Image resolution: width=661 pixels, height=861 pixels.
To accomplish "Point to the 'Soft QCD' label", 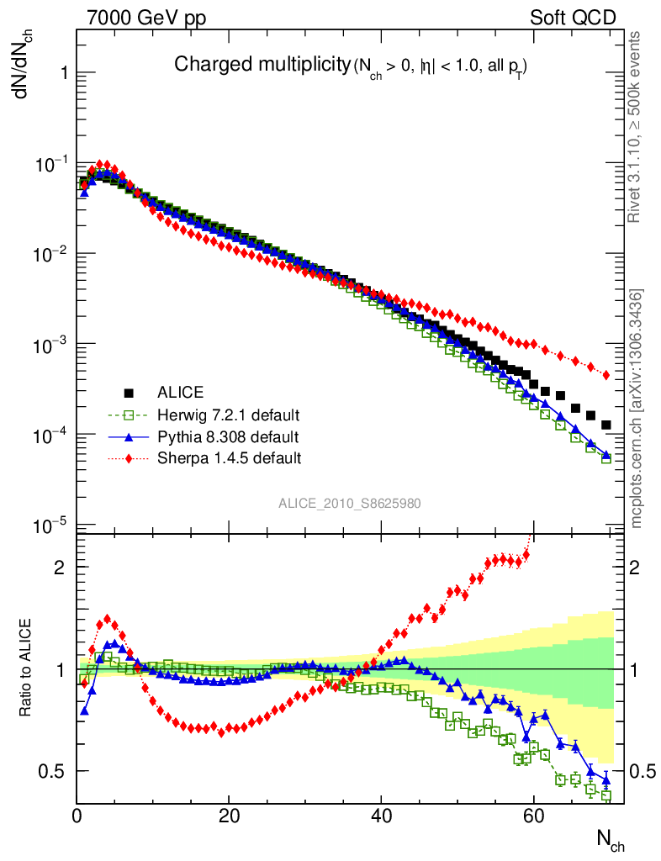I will (573, 18).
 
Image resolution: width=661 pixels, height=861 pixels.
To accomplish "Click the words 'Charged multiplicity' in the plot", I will (261, 65).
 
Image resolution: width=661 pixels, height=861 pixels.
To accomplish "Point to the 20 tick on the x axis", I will (229, 814).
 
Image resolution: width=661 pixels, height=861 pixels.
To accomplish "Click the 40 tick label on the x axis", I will (381, 814).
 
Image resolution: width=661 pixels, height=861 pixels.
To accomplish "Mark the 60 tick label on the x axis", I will (532, 814).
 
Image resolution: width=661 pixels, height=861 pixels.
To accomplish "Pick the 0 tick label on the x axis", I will (77, 814).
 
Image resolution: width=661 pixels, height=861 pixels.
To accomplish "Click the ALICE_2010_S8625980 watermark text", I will (350, 503).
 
